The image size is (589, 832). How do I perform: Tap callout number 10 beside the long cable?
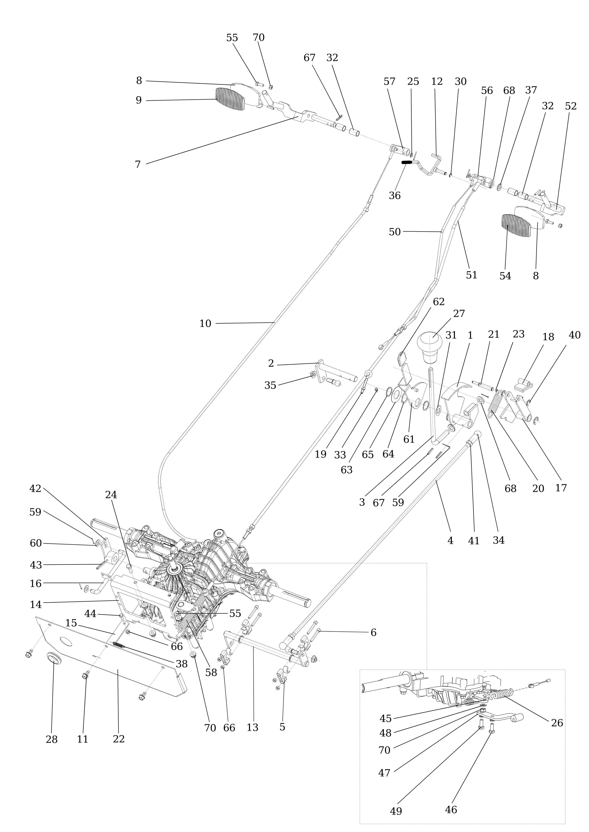[x=205, y=324]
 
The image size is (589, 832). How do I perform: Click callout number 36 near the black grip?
[x=395, y=196]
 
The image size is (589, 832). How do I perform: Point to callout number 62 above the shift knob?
[x=439, y=302]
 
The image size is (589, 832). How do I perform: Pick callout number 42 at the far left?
[x=35, y=488]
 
